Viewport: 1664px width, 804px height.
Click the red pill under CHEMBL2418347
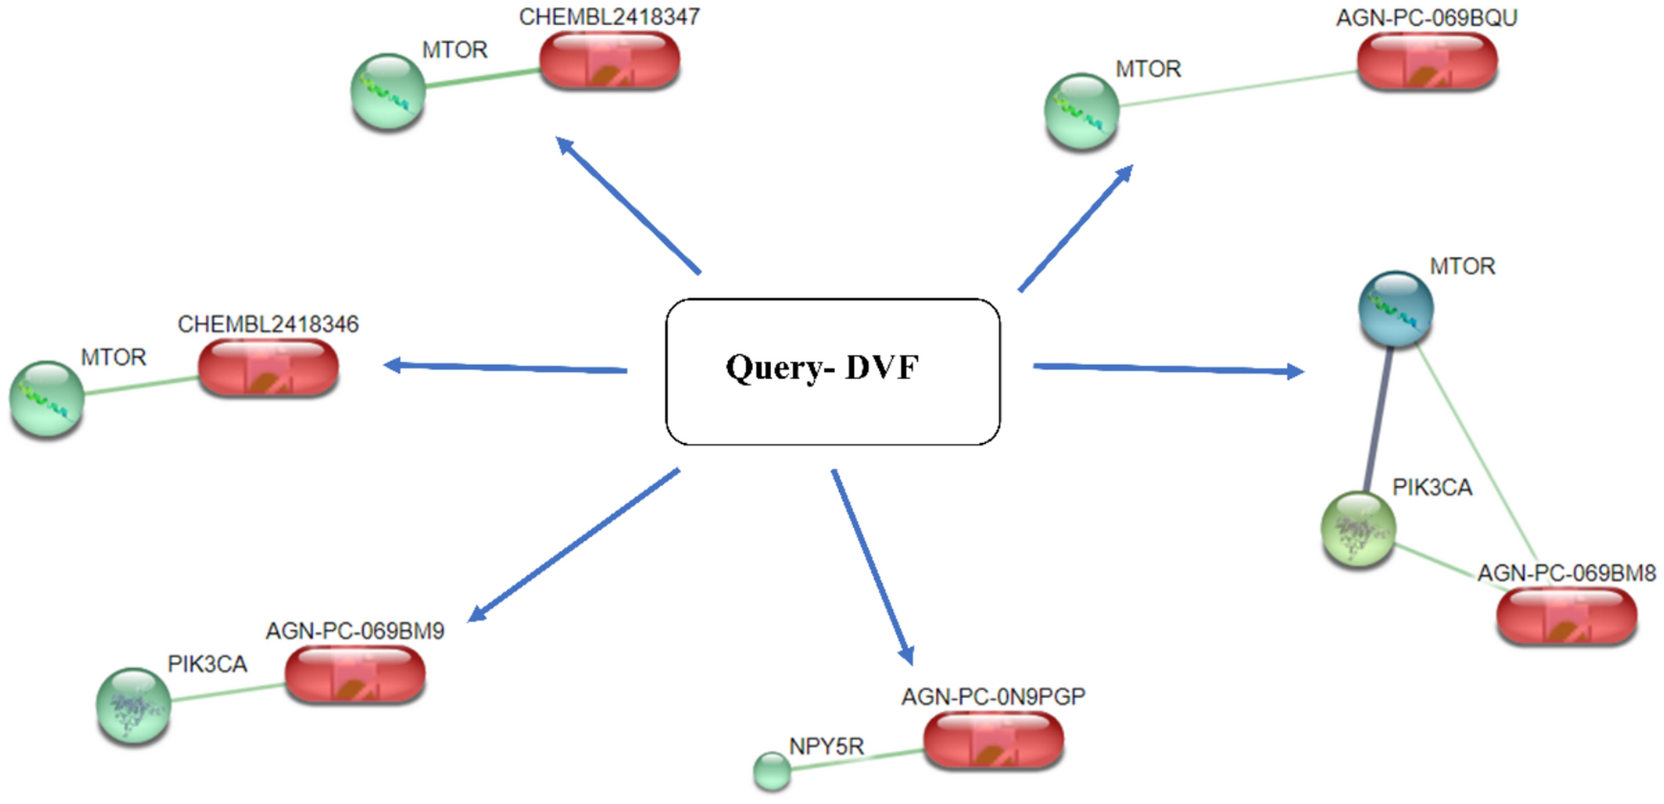(609, 61)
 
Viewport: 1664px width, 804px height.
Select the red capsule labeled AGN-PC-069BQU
(1427, 61)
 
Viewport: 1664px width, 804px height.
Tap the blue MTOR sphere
(1396, 309)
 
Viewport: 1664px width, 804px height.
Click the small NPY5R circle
(772, 771)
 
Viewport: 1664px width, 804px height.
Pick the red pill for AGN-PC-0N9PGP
(993, 740)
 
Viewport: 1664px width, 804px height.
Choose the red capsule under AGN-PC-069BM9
(355, 675)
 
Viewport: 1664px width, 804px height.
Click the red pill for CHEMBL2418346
(268, 368)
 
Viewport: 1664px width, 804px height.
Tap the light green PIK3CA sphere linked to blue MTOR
(1358, 529)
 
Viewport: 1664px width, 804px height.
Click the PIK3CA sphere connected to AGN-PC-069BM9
(133, 705)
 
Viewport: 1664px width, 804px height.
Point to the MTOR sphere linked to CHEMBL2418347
(388, 91)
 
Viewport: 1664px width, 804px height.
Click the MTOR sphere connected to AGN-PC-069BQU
(1081, 111)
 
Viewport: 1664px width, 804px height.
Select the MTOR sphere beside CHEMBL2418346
(46, 398)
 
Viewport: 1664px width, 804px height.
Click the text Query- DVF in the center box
(822, 368)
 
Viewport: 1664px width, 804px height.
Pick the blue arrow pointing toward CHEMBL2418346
(506, 367)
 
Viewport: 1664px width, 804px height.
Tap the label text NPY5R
(826, 746)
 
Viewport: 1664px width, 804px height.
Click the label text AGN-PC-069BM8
(1566, 573)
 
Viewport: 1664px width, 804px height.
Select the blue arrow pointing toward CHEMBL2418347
(628, 205)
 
